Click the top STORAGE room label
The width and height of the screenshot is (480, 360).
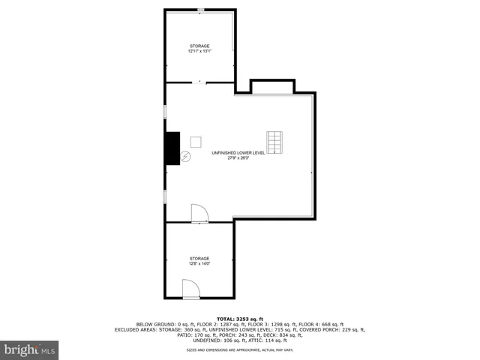199,46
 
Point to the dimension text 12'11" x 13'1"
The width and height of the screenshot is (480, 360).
199,51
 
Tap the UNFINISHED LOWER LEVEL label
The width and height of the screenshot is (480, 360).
238,152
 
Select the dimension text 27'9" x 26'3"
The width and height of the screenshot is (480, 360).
238,157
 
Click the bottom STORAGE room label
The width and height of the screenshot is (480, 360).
199,258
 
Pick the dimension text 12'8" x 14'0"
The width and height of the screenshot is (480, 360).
199,263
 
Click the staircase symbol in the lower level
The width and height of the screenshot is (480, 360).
274,141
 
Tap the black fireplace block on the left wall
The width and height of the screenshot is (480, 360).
173,148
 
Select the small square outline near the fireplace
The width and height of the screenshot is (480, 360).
196,141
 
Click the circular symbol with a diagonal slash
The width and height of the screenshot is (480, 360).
185,157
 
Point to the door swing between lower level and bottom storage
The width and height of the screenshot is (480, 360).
200,214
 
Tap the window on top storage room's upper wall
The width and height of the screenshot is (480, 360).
200,10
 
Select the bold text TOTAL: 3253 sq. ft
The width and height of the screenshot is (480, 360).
239,318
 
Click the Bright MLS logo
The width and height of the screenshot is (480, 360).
30,349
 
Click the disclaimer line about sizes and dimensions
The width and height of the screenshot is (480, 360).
239,349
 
